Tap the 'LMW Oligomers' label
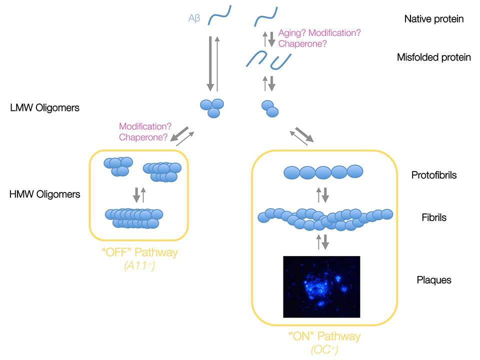[x=44, y=107]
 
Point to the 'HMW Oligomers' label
[x=44, y=194]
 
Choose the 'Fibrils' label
[x=433, y=217]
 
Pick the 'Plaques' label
[x=433, y=280]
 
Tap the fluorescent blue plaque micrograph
[x=321, y=286]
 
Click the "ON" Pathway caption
[x=324, y=336]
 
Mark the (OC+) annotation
[x=324, y=350]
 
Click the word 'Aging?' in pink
[x=292, y=33]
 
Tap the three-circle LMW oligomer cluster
[x=212, y=107]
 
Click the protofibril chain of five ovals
[x=323, y=172]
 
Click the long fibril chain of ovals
[x=325, y=218]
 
